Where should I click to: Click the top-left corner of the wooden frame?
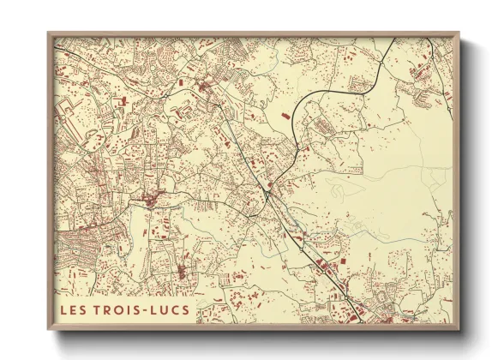click(x=49, y=33)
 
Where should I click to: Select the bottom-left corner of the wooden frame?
click(x=49, y=329)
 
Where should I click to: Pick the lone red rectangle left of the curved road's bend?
click(x=285, y=115)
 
